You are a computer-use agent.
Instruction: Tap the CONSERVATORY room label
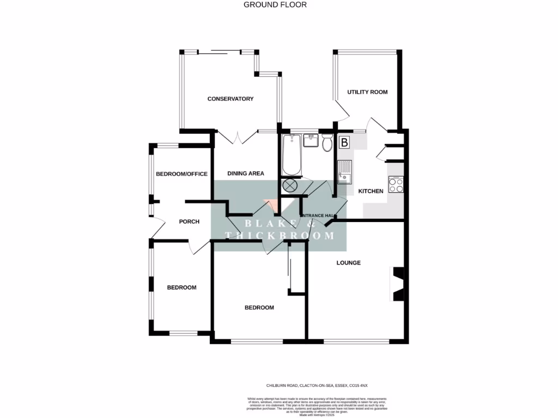[x=231, y=99]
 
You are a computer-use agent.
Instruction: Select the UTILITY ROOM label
[x=368, y=92]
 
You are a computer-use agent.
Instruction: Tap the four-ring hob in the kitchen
[x=396, y=185]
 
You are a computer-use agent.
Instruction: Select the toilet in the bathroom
[x=327, y=143]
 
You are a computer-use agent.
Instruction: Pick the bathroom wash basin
[x=310, y=141]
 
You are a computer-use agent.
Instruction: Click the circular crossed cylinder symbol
[x=289, y=186]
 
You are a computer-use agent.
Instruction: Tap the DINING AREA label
[x=246, y=174]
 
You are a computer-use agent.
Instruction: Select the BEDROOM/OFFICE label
[x=182, y=174]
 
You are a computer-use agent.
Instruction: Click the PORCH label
[x=189, y=222]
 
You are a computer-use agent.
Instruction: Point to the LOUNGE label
[x=349, y=263]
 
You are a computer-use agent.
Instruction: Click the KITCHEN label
[x=371, y=191]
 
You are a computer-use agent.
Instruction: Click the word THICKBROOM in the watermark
[x=280, y=236]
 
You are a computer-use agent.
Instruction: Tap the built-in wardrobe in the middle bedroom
[x=298, y=275]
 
